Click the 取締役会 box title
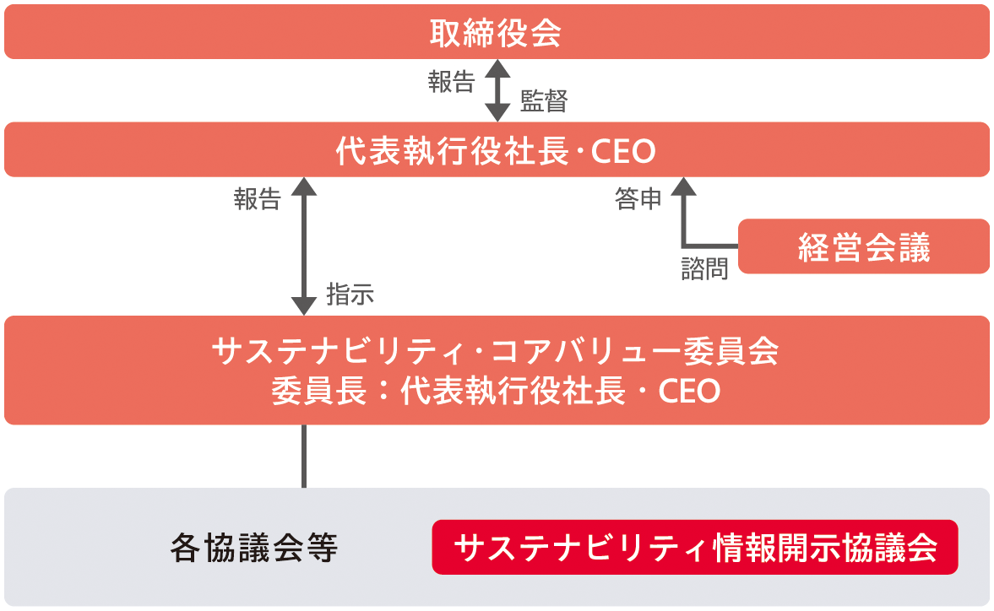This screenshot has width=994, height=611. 496,33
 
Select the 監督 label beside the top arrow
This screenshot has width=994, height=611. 544,101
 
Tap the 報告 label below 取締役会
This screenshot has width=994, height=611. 451,83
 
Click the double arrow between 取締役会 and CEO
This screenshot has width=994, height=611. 497,90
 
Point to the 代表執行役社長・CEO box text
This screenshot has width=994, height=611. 496,151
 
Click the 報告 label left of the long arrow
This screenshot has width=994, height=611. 258,199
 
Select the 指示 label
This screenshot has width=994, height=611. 350,295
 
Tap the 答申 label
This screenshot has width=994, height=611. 638,199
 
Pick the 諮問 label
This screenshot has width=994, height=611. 705,269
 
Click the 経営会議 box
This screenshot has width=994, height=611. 863,246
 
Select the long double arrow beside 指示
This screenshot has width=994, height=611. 304,246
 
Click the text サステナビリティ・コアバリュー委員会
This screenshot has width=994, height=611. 495,351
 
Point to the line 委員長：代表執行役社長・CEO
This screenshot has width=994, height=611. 496,391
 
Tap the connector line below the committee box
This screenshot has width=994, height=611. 304,456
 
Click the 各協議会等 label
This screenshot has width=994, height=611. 253,548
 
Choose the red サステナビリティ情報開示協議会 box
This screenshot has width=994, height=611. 695,547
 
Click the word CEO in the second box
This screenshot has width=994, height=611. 624,152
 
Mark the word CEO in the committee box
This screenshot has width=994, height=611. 690,392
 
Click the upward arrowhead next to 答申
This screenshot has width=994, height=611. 683,187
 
